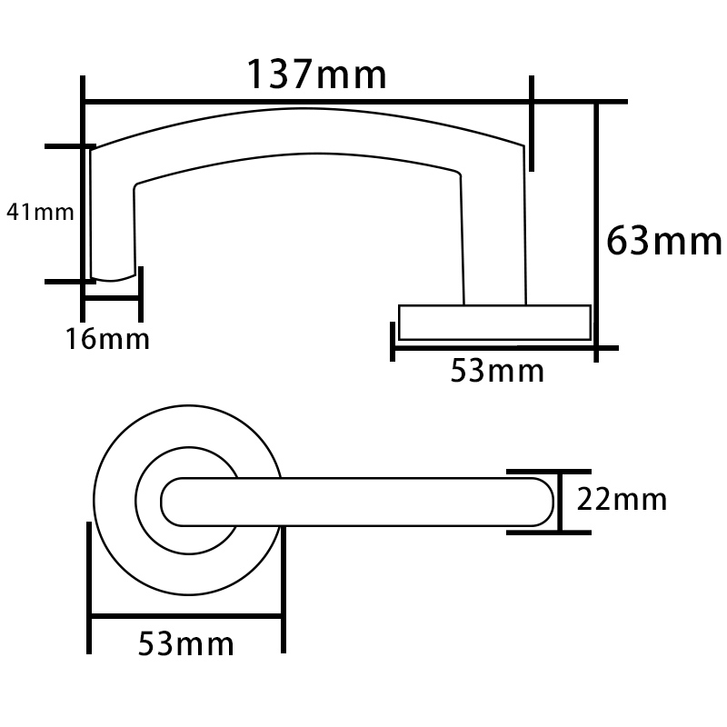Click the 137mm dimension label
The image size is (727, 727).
coord(317,74)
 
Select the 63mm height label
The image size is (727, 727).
coord(662,242)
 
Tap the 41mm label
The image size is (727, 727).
coord(40,213)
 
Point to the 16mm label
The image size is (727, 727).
coord(106,340)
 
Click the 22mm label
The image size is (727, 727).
coord(622,500)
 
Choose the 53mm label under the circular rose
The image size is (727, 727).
coord(185,644)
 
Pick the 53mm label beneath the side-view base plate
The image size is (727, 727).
coord(496,371)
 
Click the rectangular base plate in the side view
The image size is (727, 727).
coord(494,323)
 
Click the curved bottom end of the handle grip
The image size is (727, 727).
coord(115,276)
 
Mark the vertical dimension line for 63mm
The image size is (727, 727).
coord(596,227)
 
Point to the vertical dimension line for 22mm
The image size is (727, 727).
coord(559,501)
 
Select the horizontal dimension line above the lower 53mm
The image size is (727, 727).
coord(186,618)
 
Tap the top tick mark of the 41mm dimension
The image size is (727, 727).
coord(69,146)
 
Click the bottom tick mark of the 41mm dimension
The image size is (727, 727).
coord(67,282)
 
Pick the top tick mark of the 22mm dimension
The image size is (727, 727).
coord(536,472)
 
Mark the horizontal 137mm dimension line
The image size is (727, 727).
coord(309,101)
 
